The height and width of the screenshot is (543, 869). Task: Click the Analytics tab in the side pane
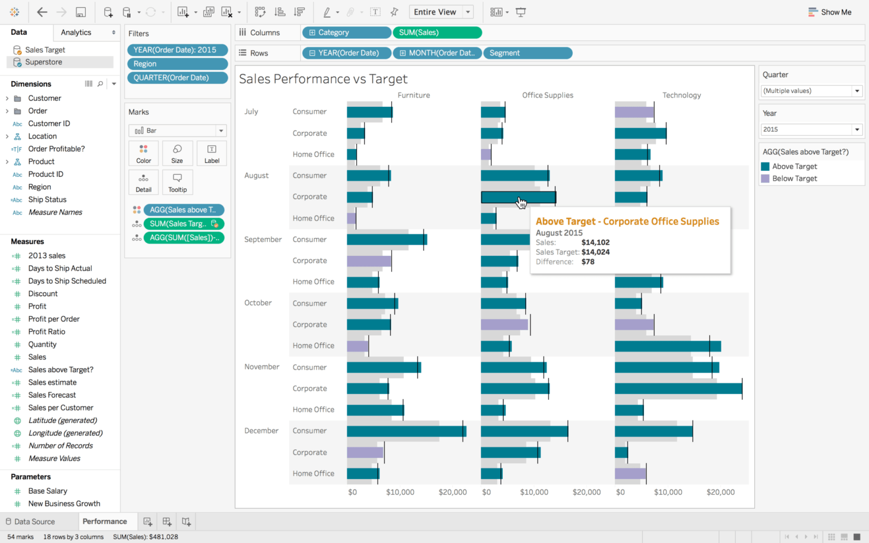(76, 32)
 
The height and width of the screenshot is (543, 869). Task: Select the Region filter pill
(177, 64)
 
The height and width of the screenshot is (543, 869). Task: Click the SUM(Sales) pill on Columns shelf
(437, 32)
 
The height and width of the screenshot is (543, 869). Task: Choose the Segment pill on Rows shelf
(527, 53)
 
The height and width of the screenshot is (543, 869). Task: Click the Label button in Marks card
(212, 153)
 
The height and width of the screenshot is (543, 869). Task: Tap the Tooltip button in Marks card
(177, 182)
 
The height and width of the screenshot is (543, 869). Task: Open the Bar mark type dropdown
(177, 130)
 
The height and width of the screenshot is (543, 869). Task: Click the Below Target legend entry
(794, 179)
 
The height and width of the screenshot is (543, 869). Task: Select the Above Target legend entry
(794, 166)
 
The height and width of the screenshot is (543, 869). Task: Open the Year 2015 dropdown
(811, 129)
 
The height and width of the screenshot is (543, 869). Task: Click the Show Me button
(830, 12)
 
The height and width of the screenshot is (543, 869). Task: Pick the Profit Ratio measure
(46, 331)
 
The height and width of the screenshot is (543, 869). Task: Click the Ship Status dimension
(47, 199)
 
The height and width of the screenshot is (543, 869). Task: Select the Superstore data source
(43, 62)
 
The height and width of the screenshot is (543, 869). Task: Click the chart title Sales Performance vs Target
(323, 79)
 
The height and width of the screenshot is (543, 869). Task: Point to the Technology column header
(681, 95)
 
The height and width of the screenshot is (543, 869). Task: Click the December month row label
(261, 430)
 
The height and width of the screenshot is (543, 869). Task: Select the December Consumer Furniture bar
(406, 431)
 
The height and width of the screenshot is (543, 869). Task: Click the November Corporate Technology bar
(678, 388)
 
